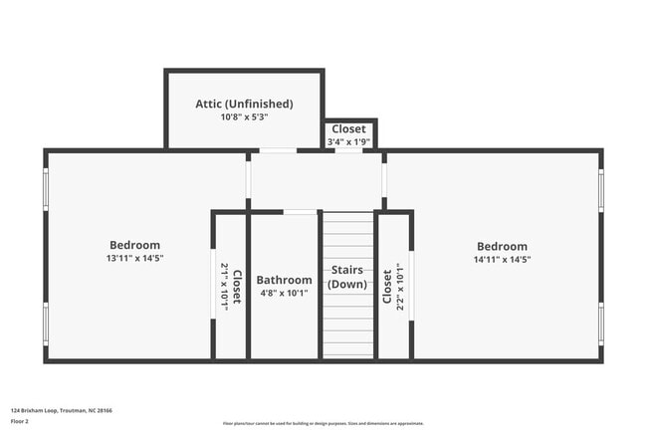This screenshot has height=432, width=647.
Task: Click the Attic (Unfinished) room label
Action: click(x=244, y=104)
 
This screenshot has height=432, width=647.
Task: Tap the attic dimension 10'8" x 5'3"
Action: click(x=244, y=117)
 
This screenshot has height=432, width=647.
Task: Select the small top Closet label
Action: click(x=349, y=129)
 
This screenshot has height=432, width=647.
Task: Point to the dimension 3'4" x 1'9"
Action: click(x=349, y=142)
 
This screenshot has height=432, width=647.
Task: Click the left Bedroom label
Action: click(x=134, y=245)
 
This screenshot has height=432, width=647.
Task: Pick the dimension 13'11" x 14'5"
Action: click(x=134, y=259)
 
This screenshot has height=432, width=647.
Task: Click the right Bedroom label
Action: click(x=502, y=247)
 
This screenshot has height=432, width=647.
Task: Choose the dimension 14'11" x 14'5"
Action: click(x=502, y=260)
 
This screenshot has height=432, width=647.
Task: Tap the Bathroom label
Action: click(x=284, y=280)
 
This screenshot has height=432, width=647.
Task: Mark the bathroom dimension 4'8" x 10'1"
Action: click(x=284, y=293)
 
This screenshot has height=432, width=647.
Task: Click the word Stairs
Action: click(x=347, y=270)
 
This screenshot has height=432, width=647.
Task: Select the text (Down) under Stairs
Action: click(x=347, y=284)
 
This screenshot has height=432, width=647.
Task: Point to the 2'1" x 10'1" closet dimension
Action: click(x=225, y=287)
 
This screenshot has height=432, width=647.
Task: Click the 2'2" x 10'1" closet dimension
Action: click(x=399, y=287)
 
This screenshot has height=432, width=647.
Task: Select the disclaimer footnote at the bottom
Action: click(x=323, y=423)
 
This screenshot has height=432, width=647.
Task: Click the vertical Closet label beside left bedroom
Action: click(x=237, y=287)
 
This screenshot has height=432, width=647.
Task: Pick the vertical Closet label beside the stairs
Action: click(x=387, y=287)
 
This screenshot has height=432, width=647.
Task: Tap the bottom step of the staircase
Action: click(x=347, y=350)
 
